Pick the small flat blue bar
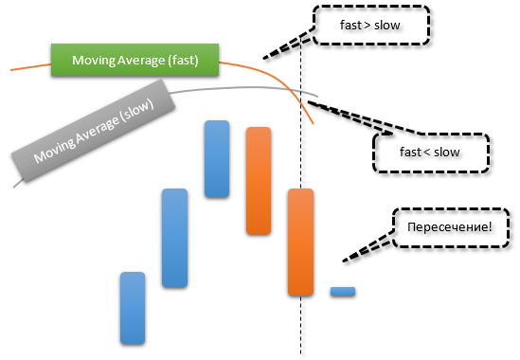[342, 291]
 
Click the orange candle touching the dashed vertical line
[300, 242]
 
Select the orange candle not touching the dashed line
[259, 180]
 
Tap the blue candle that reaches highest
[217, 158]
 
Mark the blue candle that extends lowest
[133, 308]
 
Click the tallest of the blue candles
[174, 238]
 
